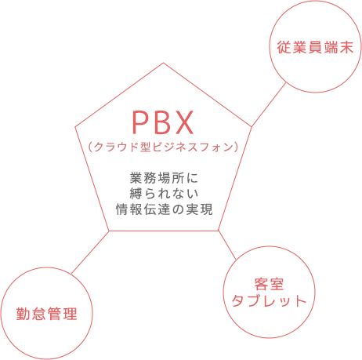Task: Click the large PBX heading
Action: [163, 122]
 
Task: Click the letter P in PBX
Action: [139, 122]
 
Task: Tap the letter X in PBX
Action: [184, 122]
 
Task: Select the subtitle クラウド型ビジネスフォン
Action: [164, 147]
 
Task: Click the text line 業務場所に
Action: [164, 178]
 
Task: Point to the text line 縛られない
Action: [164, 194]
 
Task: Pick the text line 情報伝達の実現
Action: [165, 209]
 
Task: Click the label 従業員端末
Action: [315, 48]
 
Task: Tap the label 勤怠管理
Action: [47, 314]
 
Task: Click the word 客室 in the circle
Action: [269, 284]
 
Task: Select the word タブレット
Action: [269, 300]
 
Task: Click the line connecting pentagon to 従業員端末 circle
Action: [269, 105]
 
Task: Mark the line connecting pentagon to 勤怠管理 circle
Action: [90, 253]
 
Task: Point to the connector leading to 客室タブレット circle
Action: [227, 245]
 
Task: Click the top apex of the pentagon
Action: [163, 63]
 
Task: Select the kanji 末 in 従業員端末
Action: [346, 48]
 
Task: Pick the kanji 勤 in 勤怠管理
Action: [24, 314]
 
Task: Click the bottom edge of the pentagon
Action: [164, 231]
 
